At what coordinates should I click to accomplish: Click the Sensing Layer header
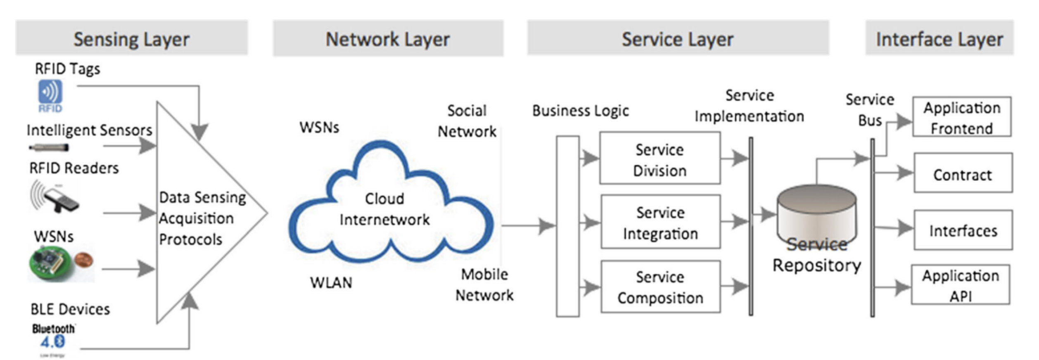coord(131,38)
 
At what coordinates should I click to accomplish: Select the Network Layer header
coord(387,38)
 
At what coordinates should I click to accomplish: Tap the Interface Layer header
coord(939,38)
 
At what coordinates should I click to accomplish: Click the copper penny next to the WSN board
coord(84,261)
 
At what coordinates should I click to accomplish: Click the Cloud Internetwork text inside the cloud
coord(384,209)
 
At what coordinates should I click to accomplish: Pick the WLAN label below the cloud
coord(331,282)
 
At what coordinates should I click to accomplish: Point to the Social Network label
coord(467,121)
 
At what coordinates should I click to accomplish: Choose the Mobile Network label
coord(484,284)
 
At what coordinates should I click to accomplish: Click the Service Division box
coord(659,159)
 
